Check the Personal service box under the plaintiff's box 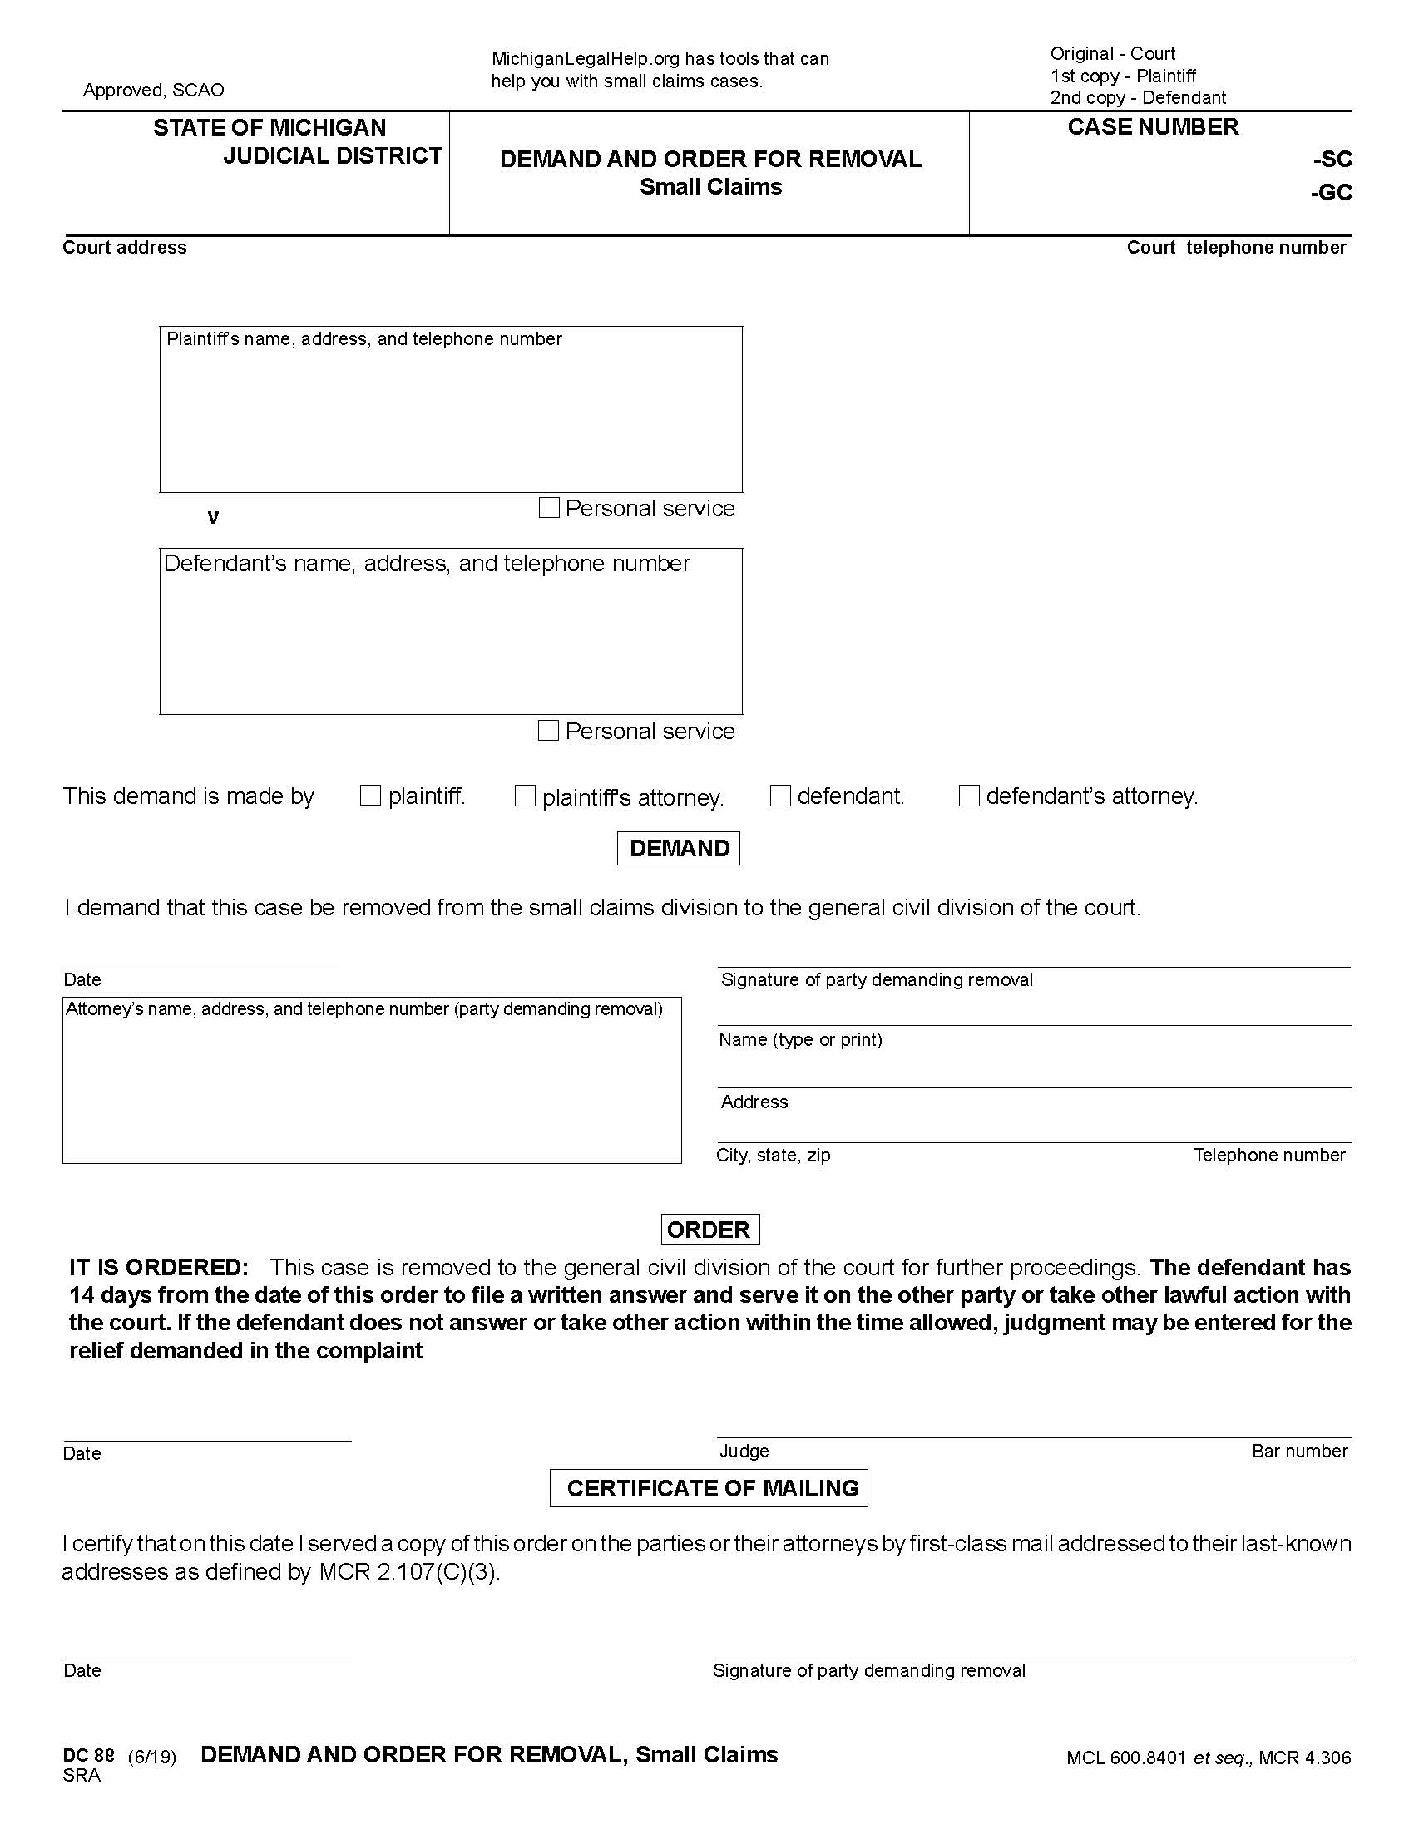549,507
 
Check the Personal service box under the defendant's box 548,730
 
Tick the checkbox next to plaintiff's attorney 524,796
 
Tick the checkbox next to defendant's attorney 968,796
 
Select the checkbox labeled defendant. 780,796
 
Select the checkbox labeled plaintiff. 370,796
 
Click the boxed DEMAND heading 679,848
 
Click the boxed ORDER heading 709,1230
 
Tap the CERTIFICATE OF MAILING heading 709,1488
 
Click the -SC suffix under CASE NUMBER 1332,159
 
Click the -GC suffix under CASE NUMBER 1331,193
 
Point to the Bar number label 1299,1452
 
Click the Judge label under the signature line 744,1452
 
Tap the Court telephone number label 1235,247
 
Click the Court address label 125,247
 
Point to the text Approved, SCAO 153,90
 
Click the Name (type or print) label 800,1039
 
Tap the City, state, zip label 774,1155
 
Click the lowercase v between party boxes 213,517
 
